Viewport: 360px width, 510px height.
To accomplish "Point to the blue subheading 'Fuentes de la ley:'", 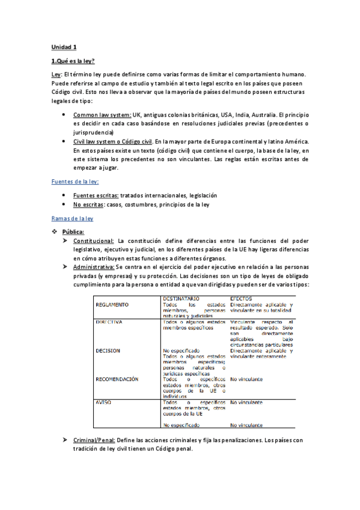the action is point(75,181).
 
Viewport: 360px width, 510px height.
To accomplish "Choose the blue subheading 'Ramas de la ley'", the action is point(72,219).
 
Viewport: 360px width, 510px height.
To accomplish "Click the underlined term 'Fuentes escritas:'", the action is point(96,195).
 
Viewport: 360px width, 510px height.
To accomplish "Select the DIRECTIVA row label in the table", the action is point(109,322).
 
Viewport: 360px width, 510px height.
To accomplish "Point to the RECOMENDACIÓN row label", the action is point(117,379).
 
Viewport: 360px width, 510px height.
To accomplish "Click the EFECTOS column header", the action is point(242,298).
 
